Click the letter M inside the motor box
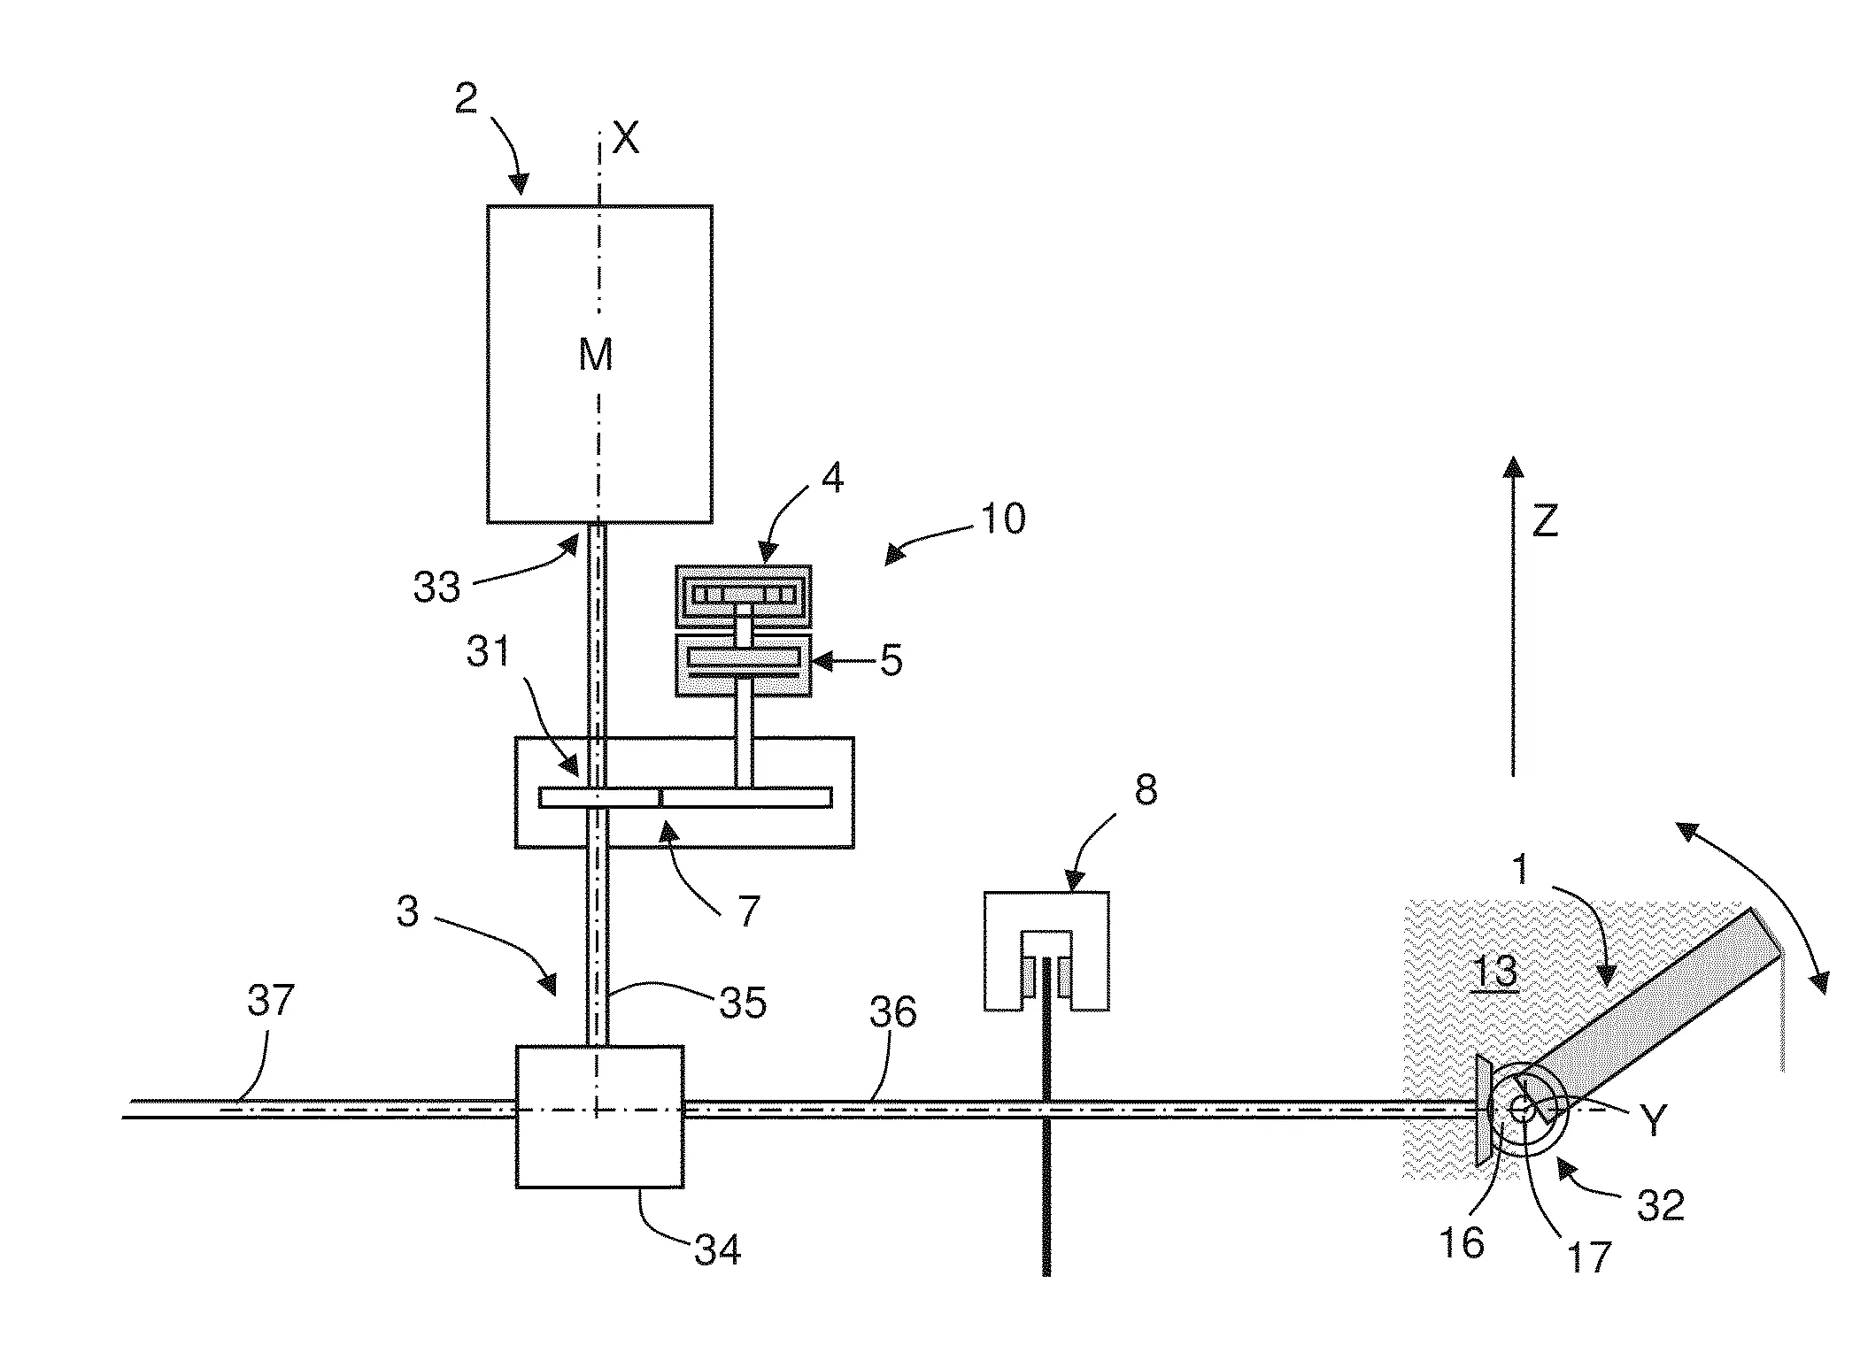pos(596,356)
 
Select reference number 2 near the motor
pos(467,99)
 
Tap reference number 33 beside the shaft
pos(437,587)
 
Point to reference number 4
pos(832,479)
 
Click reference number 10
pos(1004,519)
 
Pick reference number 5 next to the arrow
pos(891,660)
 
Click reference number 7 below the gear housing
pos(749,911)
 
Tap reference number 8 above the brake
pos(1146,790)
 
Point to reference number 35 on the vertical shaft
pos(742,1003)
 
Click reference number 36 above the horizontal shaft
pos(892,1011)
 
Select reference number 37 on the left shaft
pos(270,1003)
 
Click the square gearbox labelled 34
pos(599,1116)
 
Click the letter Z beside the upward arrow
pos(1545,523)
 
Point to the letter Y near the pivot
pos(1653,1121)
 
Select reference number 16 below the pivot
pos(1463,1241)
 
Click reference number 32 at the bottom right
pos(1660,1205)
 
